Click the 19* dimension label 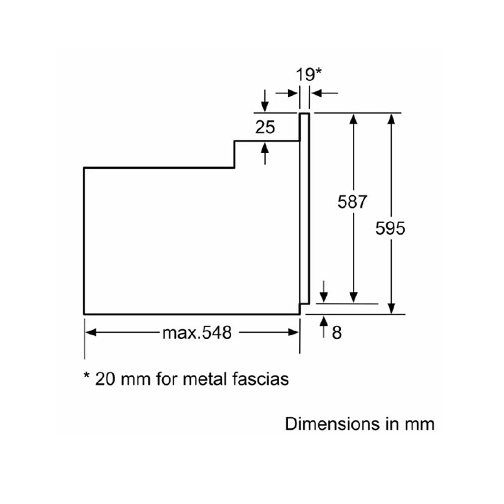click(x=309, y=75)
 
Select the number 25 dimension click(x=265, y=128)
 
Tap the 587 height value click(x=353, y=202)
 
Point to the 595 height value click(x=390, y=228)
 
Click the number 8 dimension click(x=337, y=332)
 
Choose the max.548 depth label click(x=197, y=333)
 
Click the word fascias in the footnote click(x=263, y=379)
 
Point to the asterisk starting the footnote click(x=87, y=376)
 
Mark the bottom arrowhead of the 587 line click(x=354, y=297)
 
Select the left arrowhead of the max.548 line click(x=91, y=333)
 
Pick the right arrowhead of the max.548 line click(x=293, y=333)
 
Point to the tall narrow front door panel click(x=304, y=207)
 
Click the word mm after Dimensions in click(x=419, y=424)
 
